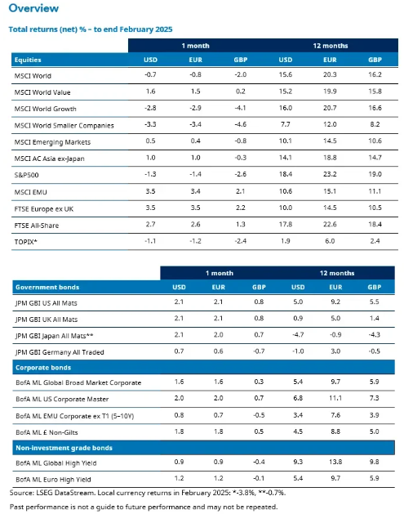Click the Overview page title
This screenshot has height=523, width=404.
tap(33, 8)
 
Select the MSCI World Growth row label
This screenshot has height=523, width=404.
tap(45, 109)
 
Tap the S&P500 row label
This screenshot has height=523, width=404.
tap(26, 175)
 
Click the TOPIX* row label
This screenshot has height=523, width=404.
tap(25, 242)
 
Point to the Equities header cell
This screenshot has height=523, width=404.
tap(28, 60)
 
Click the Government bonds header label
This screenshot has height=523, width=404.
tap(47, 287)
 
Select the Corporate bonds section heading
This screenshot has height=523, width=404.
tap(43, 368)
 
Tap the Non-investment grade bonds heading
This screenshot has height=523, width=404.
tap(64, 448)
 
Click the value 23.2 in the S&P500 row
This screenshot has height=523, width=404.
tap(330, 174)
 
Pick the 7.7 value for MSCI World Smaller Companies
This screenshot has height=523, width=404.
tap(286, 124)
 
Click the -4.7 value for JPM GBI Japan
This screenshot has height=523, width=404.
tap(298, 334)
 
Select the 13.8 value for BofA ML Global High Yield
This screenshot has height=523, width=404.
tap(335, 462)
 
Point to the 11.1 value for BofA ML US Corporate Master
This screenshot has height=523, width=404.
tap(335, 398)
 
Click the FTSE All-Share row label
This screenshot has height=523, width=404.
tap(37, 226)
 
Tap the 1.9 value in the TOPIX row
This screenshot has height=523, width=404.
tap(286, 241)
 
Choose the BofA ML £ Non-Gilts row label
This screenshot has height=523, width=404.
tap(47, 432)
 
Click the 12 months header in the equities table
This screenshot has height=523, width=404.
tap(331, 46)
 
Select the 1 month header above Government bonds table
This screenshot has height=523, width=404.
tap(220, 273)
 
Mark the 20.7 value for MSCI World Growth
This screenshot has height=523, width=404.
tap(330, 108)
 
